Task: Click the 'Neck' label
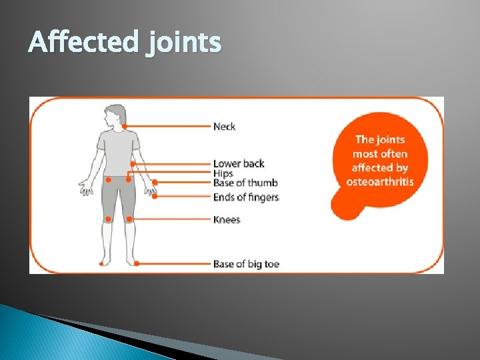coord(224,127)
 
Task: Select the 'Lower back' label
coord(239,164)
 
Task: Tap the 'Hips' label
coord(223,173)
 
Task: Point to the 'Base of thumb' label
coord(245,183)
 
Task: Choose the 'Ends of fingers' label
coord(246,197)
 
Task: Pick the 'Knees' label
coord(227,220)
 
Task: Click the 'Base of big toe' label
coord(246,264)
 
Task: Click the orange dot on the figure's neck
coord(125,127)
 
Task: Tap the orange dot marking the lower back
coord(133,163)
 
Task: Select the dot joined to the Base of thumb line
coord(155,182)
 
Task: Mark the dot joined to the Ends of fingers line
coord(155,197)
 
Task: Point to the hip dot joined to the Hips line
coord(128,179)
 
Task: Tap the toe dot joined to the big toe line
coord(137,263)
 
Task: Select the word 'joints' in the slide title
coord(181,43)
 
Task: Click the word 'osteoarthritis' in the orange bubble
coord(380,182)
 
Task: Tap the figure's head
coord(117,115)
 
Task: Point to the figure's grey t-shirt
coord(118,150)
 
